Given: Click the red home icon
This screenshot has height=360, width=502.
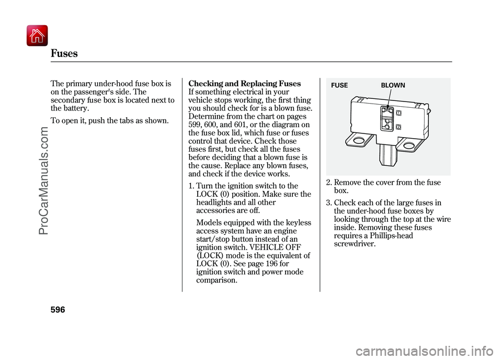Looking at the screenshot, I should pos(36,36).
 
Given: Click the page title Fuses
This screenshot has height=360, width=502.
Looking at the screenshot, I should pos(64,53).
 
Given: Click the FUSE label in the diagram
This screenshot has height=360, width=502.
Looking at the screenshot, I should pos(339,85).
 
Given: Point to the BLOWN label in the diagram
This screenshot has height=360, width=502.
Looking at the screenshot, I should pos(393,85).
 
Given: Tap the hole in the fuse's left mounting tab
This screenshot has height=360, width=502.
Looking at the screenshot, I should pos(358,141).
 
